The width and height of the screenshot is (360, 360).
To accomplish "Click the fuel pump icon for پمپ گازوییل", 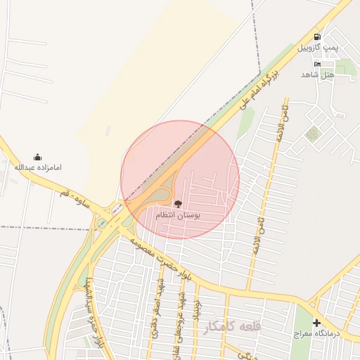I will click(x=317, y=37).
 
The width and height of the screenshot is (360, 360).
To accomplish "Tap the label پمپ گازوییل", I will click(x=318, y=47).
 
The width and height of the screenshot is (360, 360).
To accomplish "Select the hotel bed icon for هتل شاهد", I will click(x=318, y=64).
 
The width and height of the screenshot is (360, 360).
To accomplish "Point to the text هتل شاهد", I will click(x=317, y=74).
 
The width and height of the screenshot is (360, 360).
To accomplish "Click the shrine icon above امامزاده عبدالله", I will click(x=37, y=157).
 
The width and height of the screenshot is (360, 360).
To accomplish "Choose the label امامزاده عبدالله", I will click(x=38, y=167).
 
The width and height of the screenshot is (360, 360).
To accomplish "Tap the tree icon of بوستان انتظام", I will click(x=176, y=202).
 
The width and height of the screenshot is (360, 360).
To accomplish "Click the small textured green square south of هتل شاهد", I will click(x=312, y=134).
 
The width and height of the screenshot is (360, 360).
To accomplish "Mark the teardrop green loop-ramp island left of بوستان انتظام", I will click(x=162, y=193).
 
